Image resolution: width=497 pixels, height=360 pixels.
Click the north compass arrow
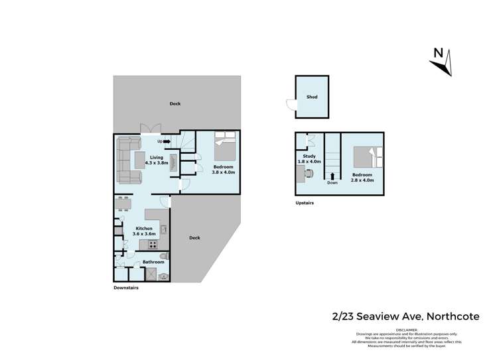tap(440, 64)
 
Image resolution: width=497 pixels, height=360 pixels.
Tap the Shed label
tap(311, 97)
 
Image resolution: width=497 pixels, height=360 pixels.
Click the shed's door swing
tap(291, 104)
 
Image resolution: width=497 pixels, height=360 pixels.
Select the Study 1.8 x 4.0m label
tap(311, 158)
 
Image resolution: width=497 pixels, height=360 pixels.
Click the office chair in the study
tap(309, 173)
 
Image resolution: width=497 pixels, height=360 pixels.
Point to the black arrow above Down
tap(332, 175)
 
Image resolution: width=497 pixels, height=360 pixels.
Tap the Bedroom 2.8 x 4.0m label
tap(362, 177)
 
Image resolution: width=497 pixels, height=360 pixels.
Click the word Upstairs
tap(305, 203)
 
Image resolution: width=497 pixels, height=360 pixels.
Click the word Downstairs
tap(125, 288)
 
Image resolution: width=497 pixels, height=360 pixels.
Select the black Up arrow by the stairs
tap(167, 141)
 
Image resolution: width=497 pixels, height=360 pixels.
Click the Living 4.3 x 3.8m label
tap(157, 160)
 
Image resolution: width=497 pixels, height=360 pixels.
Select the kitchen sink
tap(163, 229)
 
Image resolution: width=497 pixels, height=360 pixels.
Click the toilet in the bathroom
tap(164, 256)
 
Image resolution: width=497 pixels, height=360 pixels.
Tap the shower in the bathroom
tap(151, 274)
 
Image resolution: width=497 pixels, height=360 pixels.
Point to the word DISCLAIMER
tap(406, 329)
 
